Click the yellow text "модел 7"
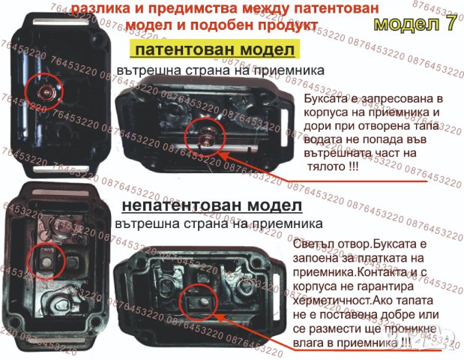coord(414,23)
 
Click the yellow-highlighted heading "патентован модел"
coord(215,50)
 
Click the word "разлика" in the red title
coord(95,9)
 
